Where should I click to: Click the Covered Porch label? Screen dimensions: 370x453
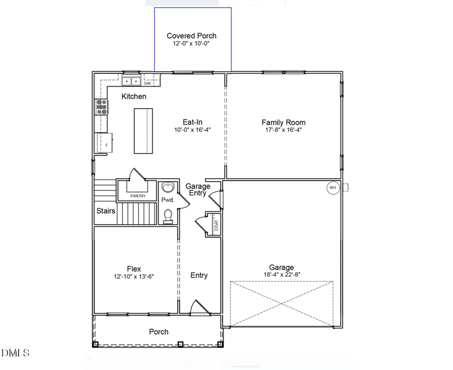point(191,36)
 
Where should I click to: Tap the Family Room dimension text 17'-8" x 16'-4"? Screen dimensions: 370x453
point(283,130)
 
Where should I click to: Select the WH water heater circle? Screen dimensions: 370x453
point(332,188)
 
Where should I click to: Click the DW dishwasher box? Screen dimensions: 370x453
point(147,83)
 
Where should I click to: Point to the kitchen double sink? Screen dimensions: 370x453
point(131,81)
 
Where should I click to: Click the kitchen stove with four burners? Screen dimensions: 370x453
point(102,108)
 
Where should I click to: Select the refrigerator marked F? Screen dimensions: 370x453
point(105,142)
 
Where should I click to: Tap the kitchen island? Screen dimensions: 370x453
point(143,130)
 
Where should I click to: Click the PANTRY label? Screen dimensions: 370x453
point(137,196)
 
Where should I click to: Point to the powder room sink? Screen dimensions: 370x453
point(168,188)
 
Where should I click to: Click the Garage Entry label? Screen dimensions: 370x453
point(198,190)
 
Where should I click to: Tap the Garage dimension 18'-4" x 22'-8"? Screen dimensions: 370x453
point(281,275)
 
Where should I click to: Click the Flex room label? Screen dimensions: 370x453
point(134,269)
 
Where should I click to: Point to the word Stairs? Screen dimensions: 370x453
point(106,211)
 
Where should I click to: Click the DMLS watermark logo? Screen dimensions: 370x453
point(16,353)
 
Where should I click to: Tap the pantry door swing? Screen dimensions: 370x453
point(136,175)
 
